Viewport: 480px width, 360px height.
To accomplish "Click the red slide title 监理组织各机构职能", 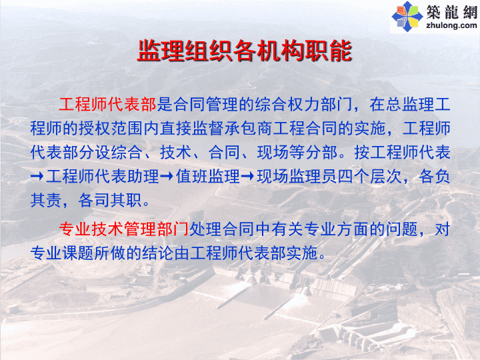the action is (x=245, y=51).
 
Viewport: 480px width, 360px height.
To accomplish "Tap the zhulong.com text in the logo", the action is (x=451, y=25).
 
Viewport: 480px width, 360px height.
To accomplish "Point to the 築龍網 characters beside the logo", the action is (x=452, y=11).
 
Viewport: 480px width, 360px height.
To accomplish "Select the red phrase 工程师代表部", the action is (x=107, y=105).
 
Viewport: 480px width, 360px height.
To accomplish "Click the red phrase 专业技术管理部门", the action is (x=124, y=229).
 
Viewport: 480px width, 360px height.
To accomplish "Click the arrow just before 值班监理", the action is (x=167, y=176).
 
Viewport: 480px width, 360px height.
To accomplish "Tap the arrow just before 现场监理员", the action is (x=247, y=176).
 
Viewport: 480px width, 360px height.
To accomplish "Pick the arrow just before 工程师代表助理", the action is (x=37, y=176).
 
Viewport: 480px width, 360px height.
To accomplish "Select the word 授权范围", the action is (x=111, y=128).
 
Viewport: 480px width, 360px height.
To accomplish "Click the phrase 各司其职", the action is (x=109, y=200).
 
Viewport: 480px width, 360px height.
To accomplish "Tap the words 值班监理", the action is (x=208, y=176).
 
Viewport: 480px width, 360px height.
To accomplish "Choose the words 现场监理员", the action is (x=296, y=176).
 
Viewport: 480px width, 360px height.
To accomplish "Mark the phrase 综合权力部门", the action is (x=304, y=105).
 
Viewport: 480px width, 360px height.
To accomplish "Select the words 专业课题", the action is (x=62, y=253).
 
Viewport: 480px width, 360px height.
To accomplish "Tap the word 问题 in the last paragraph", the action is (x=401, y=229).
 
